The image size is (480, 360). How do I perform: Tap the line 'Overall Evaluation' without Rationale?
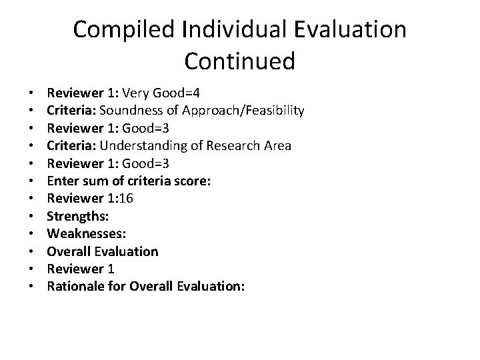[x=103, y=251]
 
